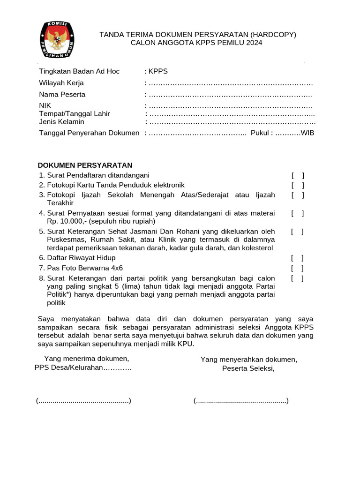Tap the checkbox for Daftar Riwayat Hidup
[x=297, y=258]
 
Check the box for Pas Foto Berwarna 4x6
[x=297, y=268]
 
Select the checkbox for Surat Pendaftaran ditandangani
[x=297, y=175]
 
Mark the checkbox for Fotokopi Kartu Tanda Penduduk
[x=297, y=185]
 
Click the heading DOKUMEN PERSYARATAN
[x=85, y=165]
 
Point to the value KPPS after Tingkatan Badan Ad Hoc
[x=158, y=71]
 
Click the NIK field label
[x=45, y=105]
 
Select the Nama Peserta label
[x=62, y=94]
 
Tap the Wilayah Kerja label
[x=61, y=83]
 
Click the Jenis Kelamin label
[x=61, y=122]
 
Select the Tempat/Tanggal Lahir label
[x=75, y=113]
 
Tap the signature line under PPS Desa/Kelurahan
[x=83, y=401]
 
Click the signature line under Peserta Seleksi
[x=241, y=401]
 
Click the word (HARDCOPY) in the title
[x=273, y=35]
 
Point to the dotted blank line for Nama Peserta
[x=230, y=95]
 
